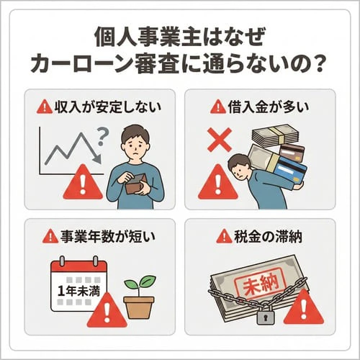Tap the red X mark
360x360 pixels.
(x=214, y=142)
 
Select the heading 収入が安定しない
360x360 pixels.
(x=99, y=108)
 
